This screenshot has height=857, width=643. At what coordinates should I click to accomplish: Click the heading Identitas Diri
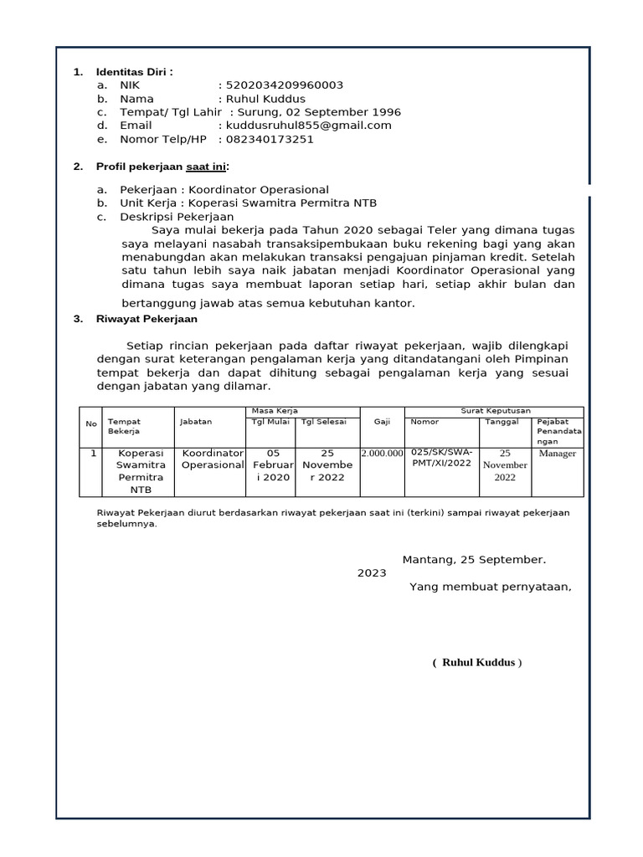point(134,72)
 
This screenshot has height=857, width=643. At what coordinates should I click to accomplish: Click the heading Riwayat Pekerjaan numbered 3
point(147,319)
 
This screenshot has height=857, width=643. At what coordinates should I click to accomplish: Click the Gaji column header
point(383,423)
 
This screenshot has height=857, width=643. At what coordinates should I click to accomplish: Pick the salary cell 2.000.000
point(382,454)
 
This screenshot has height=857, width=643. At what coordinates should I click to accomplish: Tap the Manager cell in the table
point(558,454)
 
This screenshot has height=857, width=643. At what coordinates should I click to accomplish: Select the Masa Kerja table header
point(275,411)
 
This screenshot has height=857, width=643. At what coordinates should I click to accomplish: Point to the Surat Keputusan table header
point(494,411)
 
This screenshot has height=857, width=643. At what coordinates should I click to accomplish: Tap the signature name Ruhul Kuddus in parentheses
point(477,663)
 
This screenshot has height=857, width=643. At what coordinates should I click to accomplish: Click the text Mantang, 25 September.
point(474,559)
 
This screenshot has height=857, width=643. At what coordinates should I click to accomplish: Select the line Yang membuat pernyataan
point(490,586)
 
